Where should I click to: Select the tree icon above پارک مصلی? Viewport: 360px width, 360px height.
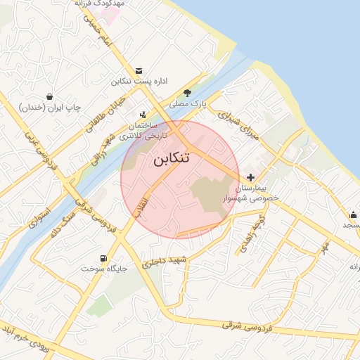(x=187, y=93)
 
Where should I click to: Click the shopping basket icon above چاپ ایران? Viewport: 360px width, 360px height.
(x=49, y=96)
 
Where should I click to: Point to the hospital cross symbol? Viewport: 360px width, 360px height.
(x=251, y=177)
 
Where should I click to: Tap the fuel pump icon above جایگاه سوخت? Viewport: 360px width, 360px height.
(x=105, y=258)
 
